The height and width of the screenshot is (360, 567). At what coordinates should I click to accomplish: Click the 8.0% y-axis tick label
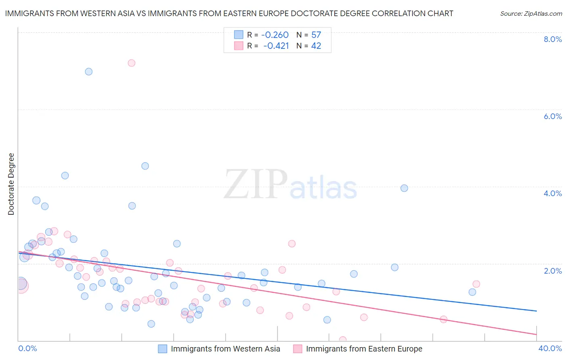point(552,39)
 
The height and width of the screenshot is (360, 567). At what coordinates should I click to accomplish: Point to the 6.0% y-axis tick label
point(552,116)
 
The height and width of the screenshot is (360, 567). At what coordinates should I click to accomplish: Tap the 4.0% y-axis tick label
point(552,193)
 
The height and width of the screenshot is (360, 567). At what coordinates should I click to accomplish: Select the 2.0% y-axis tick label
point(552,271)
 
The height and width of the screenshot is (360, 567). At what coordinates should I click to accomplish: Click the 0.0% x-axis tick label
point(27,348)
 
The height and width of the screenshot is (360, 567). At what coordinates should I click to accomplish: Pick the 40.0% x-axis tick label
point(550,348)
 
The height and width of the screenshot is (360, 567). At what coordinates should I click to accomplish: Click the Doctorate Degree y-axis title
point(11,184)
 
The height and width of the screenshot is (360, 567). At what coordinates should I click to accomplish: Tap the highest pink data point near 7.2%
point(131,63)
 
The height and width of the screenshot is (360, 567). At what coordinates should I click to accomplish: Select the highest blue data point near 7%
point(89,72)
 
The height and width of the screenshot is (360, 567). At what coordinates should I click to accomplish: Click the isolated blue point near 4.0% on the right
point(404,188)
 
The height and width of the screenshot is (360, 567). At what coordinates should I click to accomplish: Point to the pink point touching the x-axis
point(343,340)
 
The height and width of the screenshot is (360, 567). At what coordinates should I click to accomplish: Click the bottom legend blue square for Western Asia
point(163,349)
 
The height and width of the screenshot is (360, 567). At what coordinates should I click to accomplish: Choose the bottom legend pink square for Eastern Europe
point(298,349)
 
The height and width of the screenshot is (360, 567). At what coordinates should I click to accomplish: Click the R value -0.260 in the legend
point(275,35)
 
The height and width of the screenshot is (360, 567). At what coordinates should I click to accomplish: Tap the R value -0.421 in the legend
point(276,46)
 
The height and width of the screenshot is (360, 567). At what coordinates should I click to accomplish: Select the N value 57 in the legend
point(316,35)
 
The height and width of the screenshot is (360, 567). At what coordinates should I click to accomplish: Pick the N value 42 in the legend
point(316,46)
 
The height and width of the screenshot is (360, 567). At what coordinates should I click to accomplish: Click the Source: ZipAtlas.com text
point(531,13)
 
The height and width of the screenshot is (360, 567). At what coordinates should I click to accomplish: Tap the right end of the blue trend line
point(536,311)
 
